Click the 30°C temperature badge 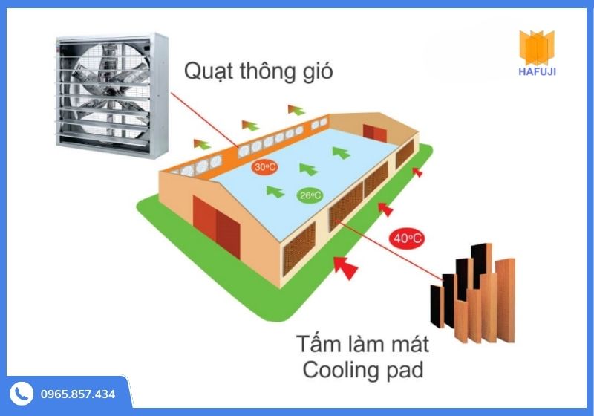tap(261, 166)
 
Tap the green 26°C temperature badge tap(310, 195)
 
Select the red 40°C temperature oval tap(407, 238)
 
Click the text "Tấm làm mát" tap(362, 345)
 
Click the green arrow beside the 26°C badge tap(275, 192)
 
